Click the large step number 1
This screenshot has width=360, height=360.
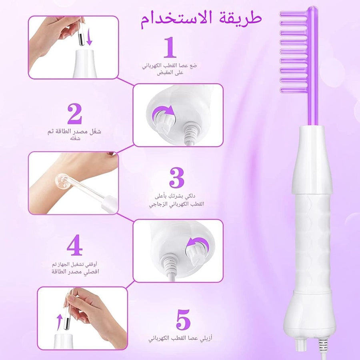pyautogui.click(x=170, y=48)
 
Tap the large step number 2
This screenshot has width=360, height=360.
pyautogui.click(x=75, y=114)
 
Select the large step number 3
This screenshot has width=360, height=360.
pyautogui.click(x=177, y=178)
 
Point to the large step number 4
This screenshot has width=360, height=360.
pyautogui.click(x=75, y=245)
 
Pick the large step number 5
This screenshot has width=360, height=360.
pyautogui.click(x=183, y=320)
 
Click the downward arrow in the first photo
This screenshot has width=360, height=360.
pyautogui.click(x=89, y=37)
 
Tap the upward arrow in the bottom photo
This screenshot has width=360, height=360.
pyautogui.click(x=60, y=322)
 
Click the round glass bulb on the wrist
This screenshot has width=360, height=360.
pyautogui.click(x=62, y=181)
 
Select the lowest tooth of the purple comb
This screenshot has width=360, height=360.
pyautogui.click(x=294, y=90)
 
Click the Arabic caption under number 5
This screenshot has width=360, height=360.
pyautogui.click(x=180, y=338)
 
